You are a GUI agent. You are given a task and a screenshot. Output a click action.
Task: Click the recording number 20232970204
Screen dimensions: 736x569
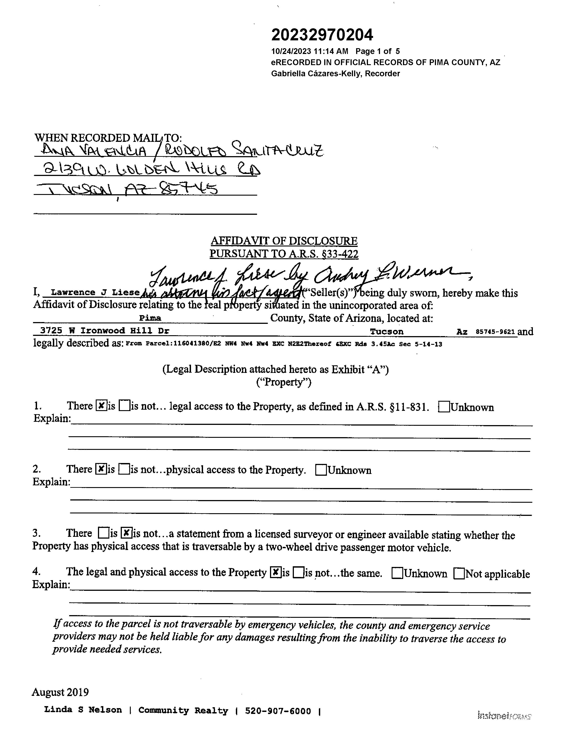(322, 35)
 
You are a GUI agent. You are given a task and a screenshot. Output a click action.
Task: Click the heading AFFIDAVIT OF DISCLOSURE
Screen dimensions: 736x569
(284, 241)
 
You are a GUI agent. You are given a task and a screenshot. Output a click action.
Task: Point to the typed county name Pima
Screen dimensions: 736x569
(150, 318)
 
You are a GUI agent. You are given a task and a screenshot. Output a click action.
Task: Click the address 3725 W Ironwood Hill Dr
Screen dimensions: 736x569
(104, 331)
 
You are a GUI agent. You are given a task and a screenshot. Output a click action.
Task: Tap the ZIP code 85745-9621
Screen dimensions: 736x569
(495, 332)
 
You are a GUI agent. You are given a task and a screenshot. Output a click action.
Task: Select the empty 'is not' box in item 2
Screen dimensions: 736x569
(124, 469)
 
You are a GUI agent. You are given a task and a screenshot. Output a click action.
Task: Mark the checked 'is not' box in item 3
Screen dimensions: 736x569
(126, 532)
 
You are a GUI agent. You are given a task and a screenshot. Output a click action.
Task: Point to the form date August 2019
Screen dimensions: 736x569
(60, 692)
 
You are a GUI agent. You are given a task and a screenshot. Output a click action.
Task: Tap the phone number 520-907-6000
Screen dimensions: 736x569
(278, 711)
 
